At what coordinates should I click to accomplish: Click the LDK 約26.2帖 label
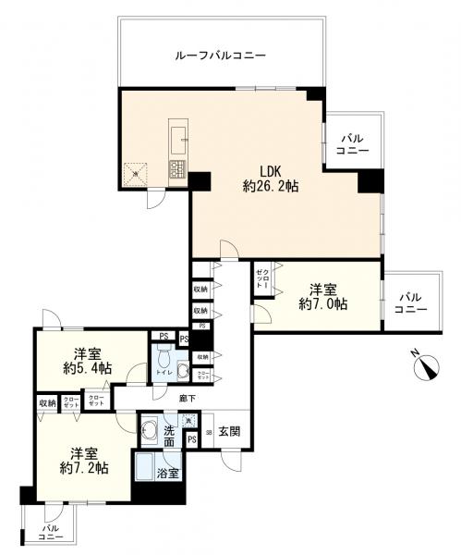270,178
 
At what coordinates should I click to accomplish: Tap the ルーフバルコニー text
220,56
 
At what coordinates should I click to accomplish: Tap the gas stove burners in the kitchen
176,168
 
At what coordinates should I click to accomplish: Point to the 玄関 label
229,431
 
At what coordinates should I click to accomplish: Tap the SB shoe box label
209,432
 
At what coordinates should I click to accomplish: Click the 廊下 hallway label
186,398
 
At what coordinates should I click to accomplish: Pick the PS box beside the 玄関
192,439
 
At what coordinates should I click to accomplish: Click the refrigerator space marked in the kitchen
136,172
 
